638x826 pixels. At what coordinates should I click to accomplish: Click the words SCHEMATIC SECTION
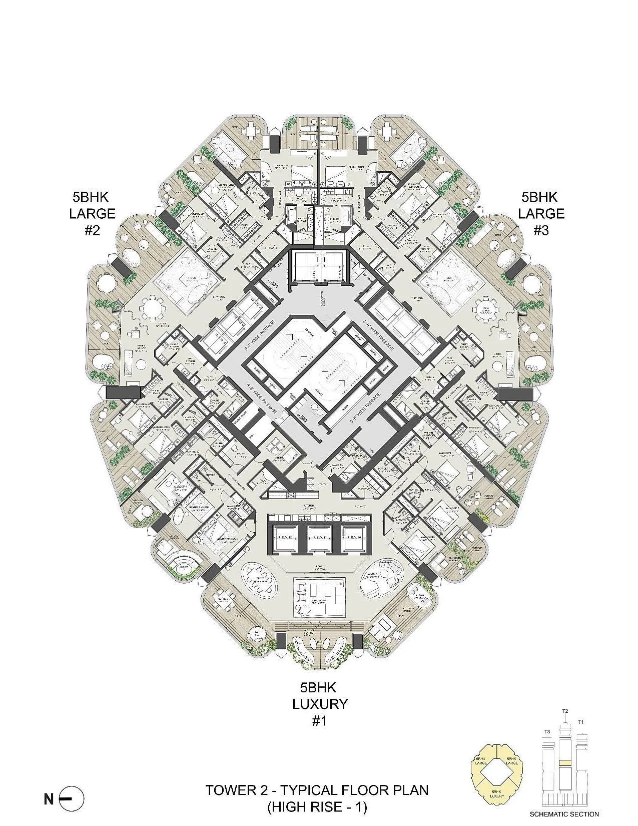tap(564, 814)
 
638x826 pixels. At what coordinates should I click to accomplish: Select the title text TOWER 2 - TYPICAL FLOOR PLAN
tap(317, 790)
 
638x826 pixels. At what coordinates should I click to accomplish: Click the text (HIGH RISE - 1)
tap(317, 806)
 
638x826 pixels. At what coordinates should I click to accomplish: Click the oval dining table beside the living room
tap(261, 579)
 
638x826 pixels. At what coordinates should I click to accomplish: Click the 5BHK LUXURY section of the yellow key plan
tap(499, 792)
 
